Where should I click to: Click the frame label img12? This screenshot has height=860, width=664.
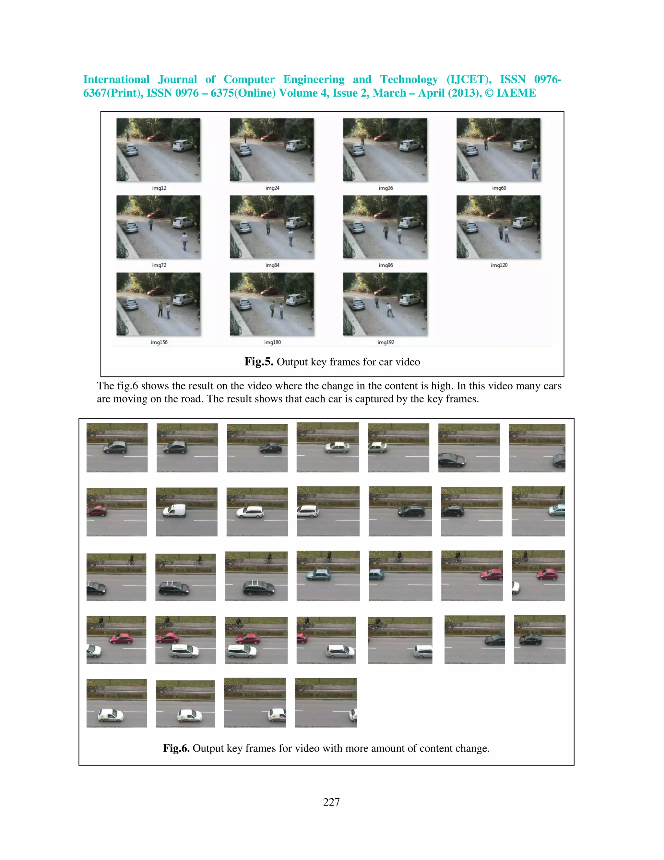tap(159, 188)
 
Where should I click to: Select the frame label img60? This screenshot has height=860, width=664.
tap(499, 188)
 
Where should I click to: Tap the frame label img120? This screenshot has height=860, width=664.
tap(499, 265)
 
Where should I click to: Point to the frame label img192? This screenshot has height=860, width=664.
tap(385, 343)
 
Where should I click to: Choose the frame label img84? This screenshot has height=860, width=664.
tap(272, 265)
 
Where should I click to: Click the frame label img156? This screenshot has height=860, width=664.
tap(159, 343)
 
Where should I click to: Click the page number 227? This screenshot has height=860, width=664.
tap(331, 802)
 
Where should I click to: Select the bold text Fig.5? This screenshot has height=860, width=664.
tap(258, 362)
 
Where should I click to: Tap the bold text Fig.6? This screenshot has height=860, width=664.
tap(176, 748)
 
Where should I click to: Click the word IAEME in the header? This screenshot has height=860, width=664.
tap(516, 93)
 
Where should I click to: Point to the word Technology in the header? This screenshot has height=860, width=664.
tap(409, 80)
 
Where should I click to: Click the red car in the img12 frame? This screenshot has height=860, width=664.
tap(156, 137)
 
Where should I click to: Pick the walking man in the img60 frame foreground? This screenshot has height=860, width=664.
tap(535, 168)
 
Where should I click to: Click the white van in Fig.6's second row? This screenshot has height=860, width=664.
tap(175, 511)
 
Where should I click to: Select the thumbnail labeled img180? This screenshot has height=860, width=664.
tap(272, 304)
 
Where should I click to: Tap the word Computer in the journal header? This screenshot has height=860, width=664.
tap(249, 80)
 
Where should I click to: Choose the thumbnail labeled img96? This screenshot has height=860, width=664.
tap(385, 227)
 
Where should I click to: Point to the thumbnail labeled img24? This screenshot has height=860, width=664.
tap(272, 150)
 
